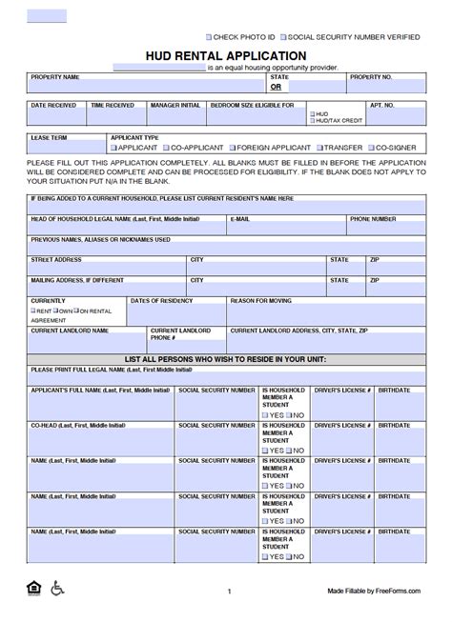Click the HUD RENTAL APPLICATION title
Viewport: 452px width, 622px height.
(225, 56)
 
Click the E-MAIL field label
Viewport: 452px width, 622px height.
(240, 219)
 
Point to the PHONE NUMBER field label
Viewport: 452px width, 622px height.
(372, 219)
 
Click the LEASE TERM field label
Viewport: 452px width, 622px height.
(47, 137)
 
